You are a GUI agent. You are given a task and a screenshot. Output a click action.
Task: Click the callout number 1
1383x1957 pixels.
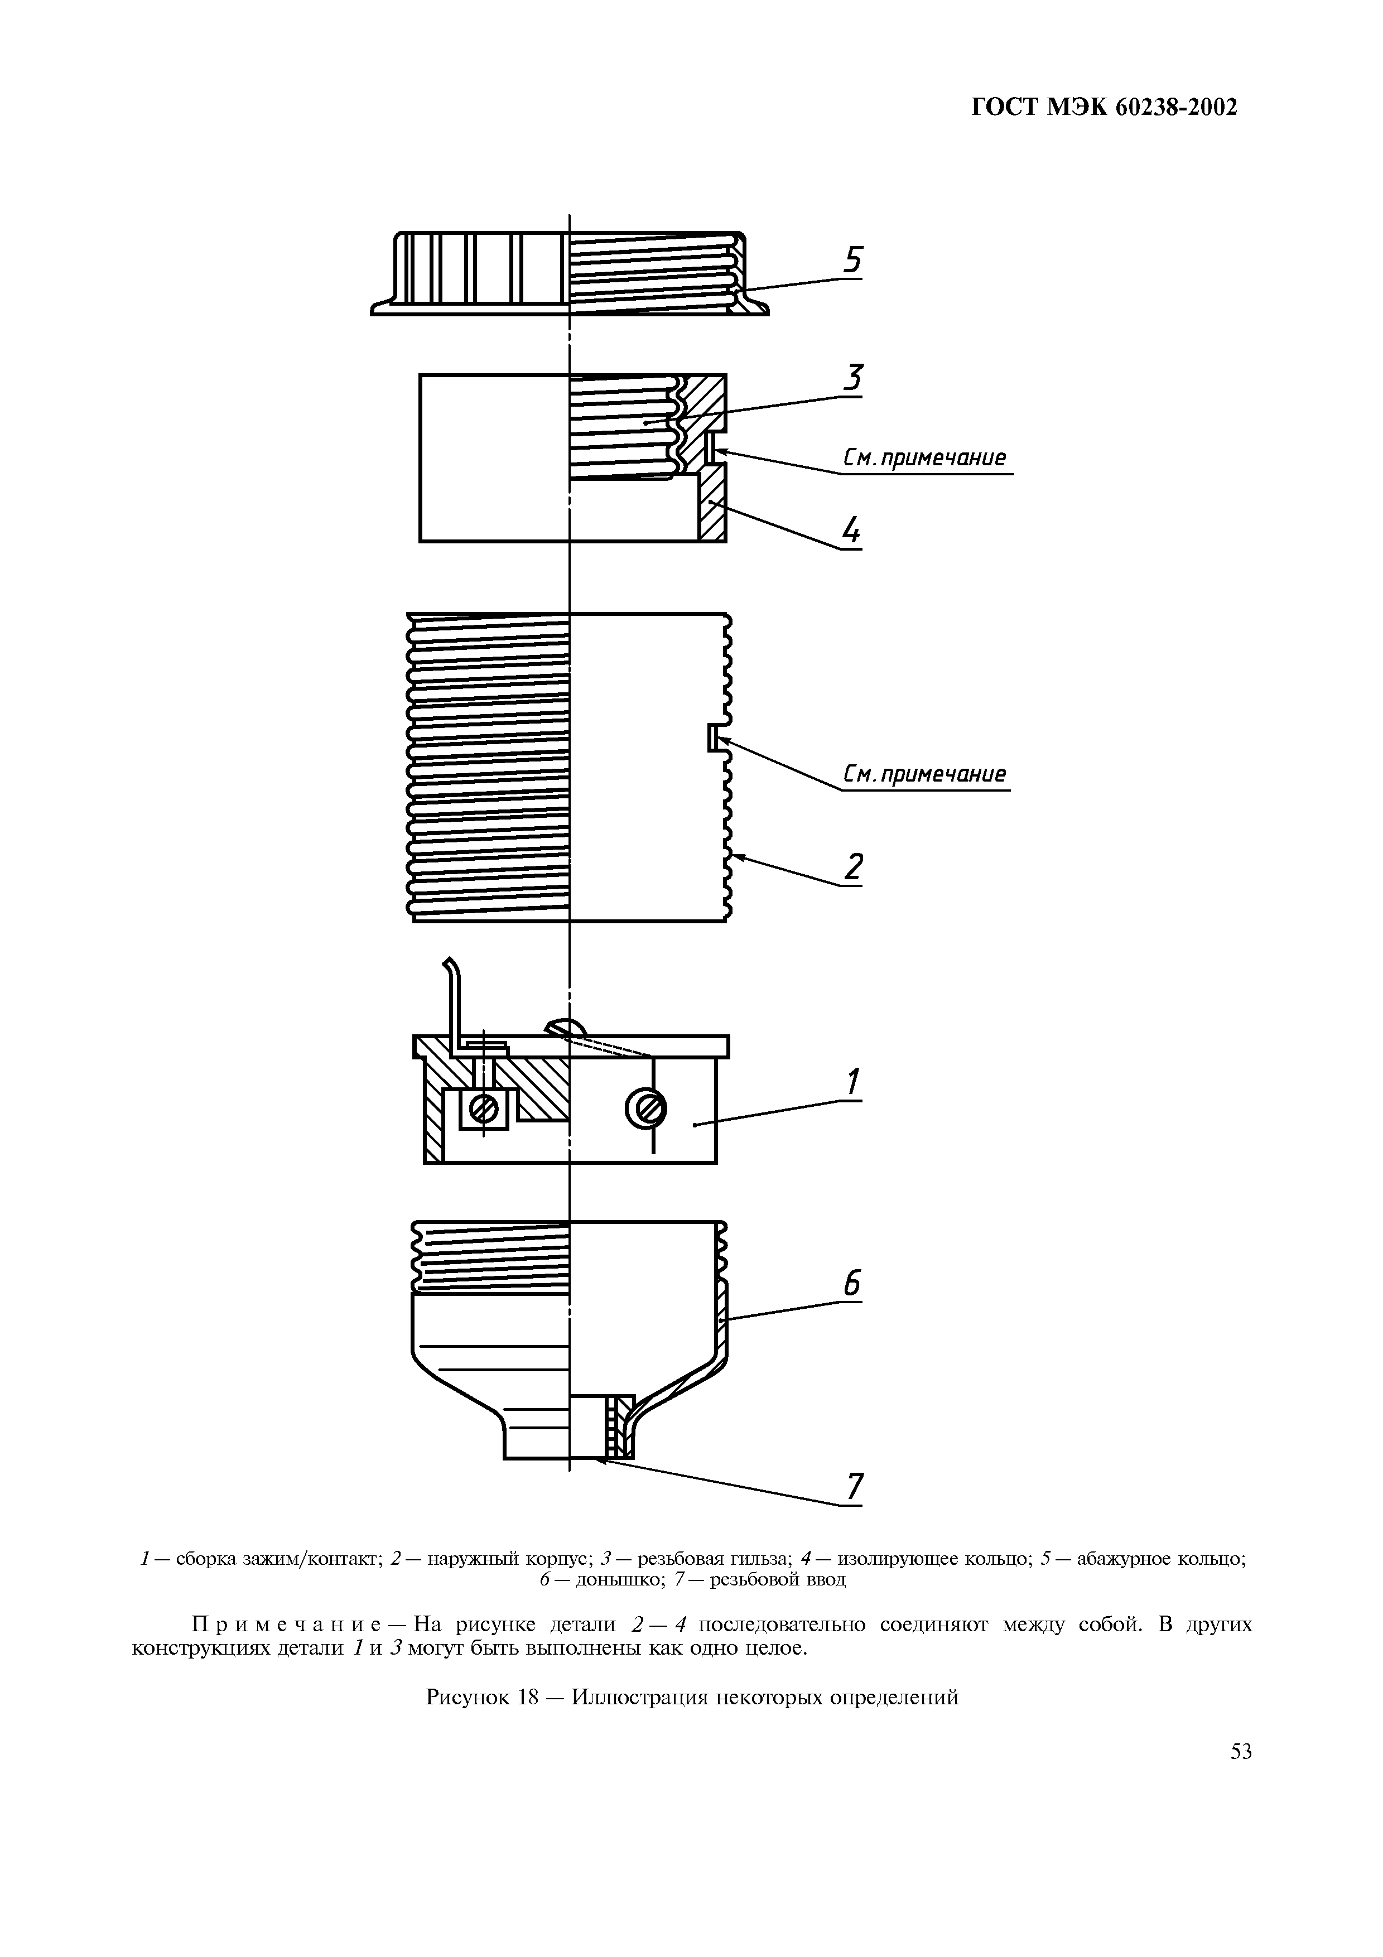pos(854,1083)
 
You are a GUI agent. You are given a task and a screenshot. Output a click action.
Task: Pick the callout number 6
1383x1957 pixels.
pos(853,1284)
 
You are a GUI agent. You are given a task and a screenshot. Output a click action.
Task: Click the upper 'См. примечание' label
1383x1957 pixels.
pos(924,459)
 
